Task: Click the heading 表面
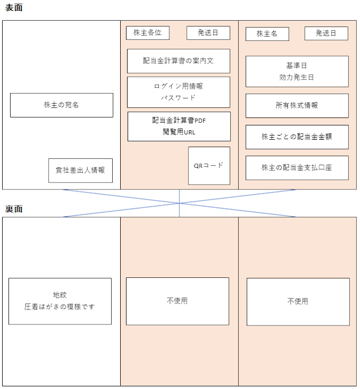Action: click(x=14, y=7)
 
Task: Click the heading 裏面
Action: click(x=14, y=209)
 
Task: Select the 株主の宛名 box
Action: click(x=61, y=105)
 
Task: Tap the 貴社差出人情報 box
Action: click(x=80, y=170)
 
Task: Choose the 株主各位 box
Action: click(x=148, y=33)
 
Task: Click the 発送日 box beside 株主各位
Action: click(x=208, y=33)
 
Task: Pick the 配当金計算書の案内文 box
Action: click(x=178, y=61)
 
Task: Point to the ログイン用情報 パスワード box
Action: click(x=178, y=92)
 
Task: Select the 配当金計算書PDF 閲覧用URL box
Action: click(x=179, y=126)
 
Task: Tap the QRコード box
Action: click(x=209, y=166)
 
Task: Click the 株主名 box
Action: click(x=267, y=34)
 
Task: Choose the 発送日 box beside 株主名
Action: click(x=326, y=33)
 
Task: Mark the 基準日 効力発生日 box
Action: click(x=297, y=71)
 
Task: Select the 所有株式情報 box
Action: click(x=297, y=106)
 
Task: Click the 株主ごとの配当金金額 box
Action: click(x=297, y=137)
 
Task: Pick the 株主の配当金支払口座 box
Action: click(x=297, y=168)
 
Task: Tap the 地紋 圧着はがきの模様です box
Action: click(x=60, y=301)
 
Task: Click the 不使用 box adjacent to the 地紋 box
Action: click(x=177, y=301)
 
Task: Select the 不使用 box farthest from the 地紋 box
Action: click(x=298, y=302)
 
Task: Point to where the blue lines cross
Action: click(x=179, y=203)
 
